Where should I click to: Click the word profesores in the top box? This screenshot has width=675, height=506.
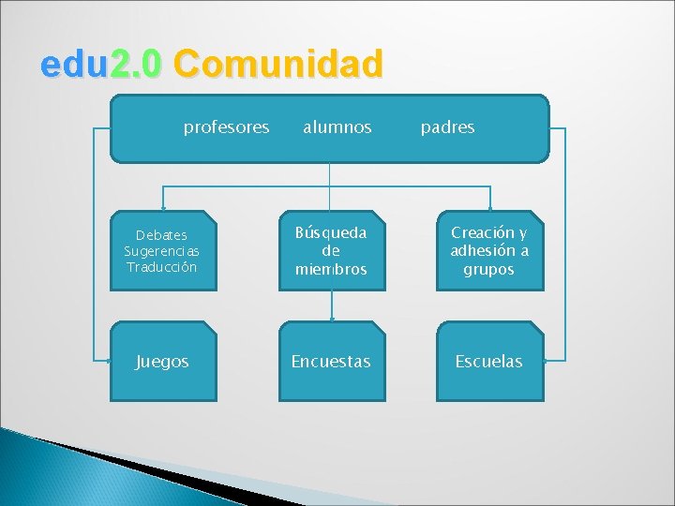[226, 127]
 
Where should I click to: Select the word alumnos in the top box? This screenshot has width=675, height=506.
[337, 127]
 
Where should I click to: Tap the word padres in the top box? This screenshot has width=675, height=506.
[447, 127]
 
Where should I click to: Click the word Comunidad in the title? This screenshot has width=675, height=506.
[278, 65]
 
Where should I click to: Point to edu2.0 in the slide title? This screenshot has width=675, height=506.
[102, 65]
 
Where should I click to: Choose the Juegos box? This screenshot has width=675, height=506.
[162, 362]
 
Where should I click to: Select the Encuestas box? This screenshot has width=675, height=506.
[331, 362]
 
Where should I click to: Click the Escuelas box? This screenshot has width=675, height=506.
[489, 362]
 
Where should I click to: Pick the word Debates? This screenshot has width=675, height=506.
[162, 235]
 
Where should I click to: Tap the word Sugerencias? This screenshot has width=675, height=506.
[162, 251]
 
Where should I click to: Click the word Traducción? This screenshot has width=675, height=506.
[162, 267]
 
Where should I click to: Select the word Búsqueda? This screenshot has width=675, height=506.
[331, 232]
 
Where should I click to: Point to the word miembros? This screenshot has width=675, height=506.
[331, 269]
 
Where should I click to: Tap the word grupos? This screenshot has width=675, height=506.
[489, 269]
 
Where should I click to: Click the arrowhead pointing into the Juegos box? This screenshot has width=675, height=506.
[105, 359]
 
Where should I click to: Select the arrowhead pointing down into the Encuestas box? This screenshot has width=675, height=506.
[331, 318]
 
